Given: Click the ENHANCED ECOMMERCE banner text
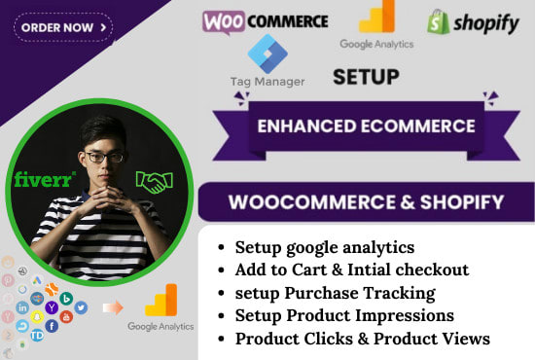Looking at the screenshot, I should coord(366,126).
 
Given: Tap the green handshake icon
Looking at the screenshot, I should coord(153,182).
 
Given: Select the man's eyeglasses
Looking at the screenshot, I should coord(103,157).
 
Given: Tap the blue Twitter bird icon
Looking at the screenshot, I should coord(81,307).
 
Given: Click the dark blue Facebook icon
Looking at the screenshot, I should coord(52,326).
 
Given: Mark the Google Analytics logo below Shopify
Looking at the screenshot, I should coord(376,25).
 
